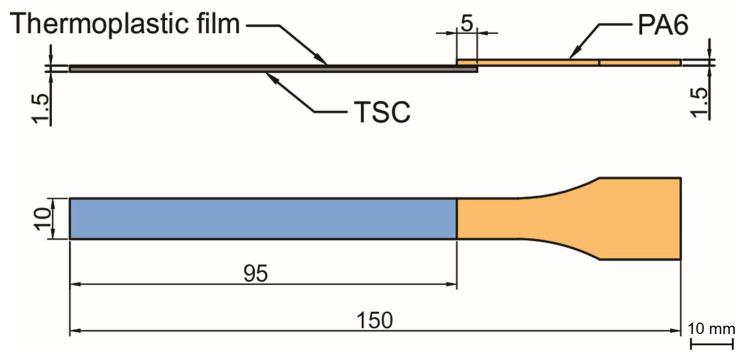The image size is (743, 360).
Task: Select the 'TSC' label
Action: click(x=383, y=114)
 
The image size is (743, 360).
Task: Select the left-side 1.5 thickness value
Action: click(x=41, y=103)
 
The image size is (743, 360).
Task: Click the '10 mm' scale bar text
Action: click(x=712, y=328)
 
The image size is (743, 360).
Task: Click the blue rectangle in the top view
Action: click(x=263, y=218)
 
